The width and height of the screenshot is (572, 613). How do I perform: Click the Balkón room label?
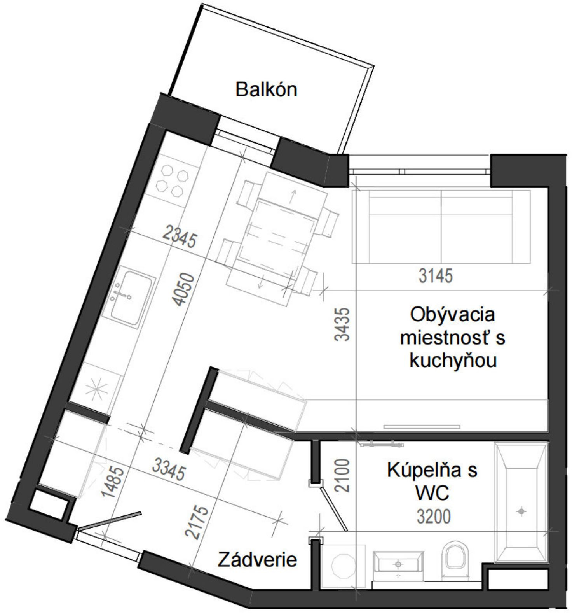coord(266,90)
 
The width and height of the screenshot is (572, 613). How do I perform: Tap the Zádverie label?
coord(257,560)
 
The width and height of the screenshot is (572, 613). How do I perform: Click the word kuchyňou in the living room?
coord(453,361)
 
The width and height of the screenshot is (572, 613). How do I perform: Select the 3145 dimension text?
coord(436,276)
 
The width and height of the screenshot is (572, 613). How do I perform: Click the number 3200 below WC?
coord(433,517)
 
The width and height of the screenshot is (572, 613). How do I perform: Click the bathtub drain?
coord(521,512)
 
